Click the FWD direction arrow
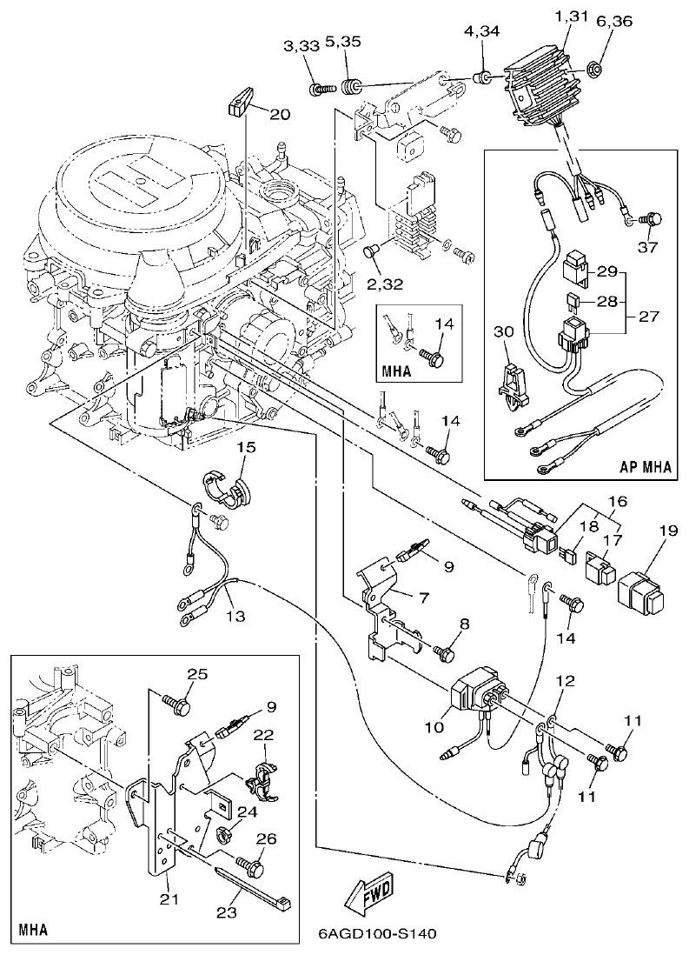pyautogui.click(x=368, y=892)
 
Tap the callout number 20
pyautogui.click(x=281, y=114)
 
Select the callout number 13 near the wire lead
pyautogui.click(x=235, y=616)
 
